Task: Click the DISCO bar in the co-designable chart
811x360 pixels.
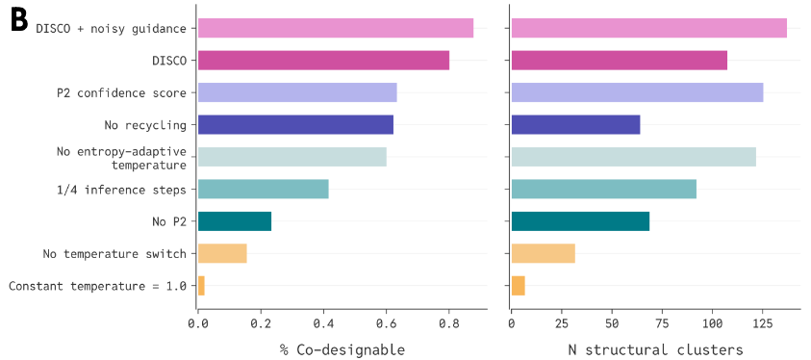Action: (323, 61)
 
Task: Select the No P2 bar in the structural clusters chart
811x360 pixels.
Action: (580, 221)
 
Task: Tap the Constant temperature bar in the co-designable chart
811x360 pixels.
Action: (201, 286)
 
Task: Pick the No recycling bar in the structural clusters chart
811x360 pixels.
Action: (575, 125)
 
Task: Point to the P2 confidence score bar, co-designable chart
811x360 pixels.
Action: (297, 92)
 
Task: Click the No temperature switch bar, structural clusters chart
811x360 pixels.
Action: (544, 253)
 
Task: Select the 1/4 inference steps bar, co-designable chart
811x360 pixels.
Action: (264, 190)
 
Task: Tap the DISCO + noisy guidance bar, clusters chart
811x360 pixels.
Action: (649, 28)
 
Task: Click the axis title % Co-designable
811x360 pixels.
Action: (342, 349)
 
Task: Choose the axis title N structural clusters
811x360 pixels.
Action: (656, 349)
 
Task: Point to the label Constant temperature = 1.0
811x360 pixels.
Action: (97, 286)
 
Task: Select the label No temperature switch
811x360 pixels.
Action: (114, 254)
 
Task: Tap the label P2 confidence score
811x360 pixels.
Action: (121, 93)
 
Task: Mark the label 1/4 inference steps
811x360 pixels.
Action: (121, 190)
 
